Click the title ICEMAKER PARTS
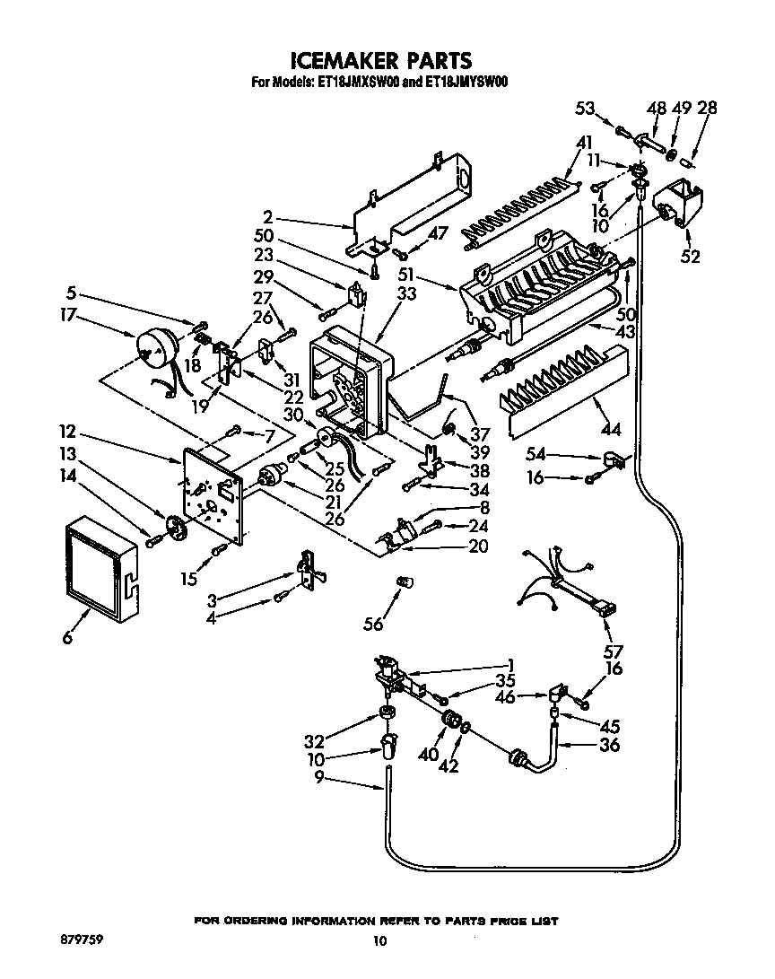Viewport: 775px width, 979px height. (381, 60)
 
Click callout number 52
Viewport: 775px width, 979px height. (691, 257)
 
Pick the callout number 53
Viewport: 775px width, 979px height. (585, 109)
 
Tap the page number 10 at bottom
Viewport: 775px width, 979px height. (379, 940)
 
